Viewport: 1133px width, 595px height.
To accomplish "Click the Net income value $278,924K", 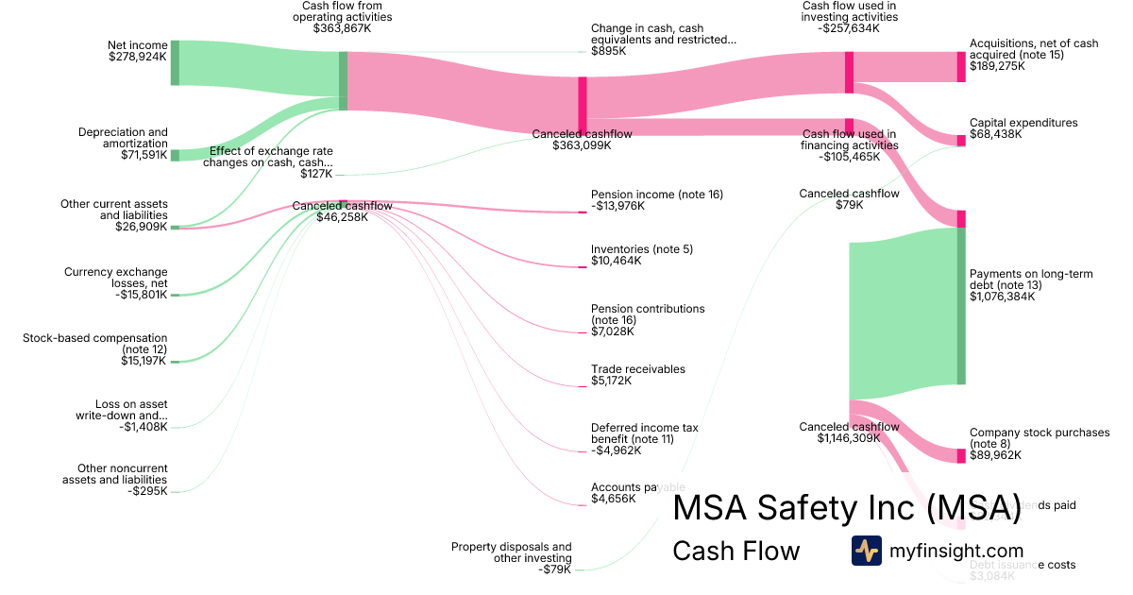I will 138,57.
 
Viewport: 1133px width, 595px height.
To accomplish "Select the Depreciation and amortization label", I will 123,138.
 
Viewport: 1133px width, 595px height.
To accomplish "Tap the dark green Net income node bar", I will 175,63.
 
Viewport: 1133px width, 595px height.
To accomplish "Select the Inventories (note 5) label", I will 641,249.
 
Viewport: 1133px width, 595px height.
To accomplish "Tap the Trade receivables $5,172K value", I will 613,381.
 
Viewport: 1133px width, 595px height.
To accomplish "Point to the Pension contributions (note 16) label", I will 648,314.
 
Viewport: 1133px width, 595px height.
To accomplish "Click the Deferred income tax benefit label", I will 645,433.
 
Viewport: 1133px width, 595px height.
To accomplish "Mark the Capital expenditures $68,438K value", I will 997,135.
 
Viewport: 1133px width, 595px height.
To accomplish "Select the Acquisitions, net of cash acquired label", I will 1034,49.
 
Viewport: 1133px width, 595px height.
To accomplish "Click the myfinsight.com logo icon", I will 866,551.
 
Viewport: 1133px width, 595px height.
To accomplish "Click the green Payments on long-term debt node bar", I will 961,306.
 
